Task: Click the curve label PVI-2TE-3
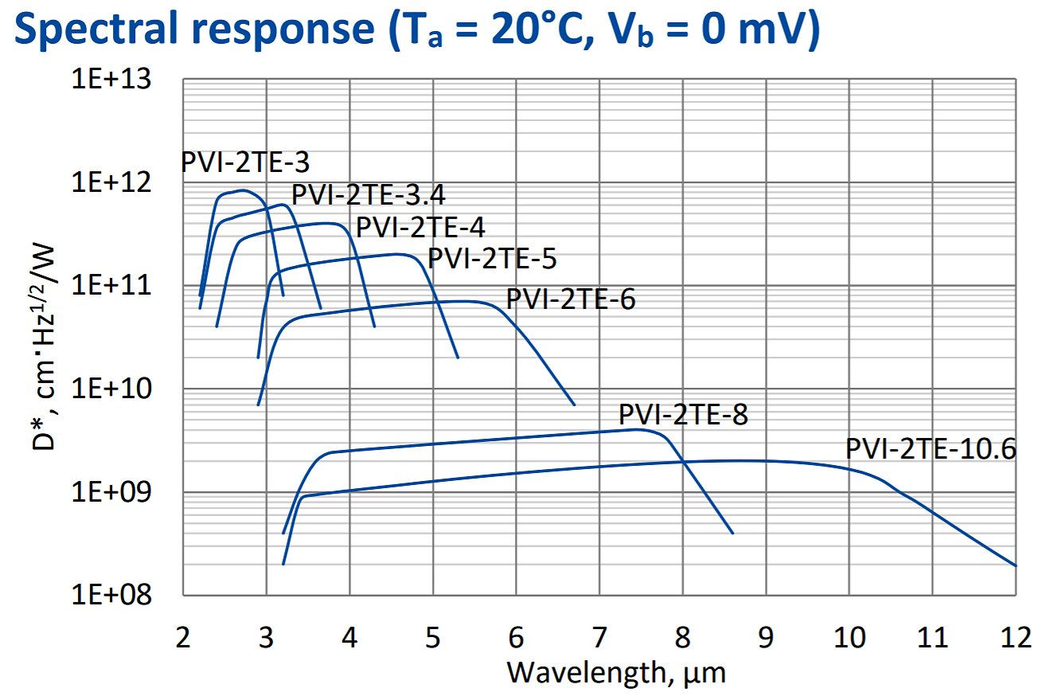pos(245,162)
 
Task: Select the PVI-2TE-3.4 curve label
pos(369,195)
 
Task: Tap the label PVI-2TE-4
pos(419,227)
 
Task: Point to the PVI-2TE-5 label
pos(492,259)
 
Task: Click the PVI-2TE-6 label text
pos(571,300)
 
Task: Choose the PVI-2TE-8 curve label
pos(683,415)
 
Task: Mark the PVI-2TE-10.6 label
pos(930,449)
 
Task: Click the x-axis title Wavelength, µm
pos(617,673)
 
